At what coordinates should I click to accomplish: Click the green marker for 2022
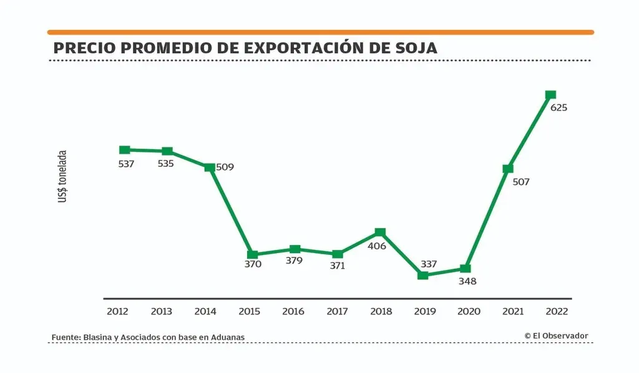coord(550,95)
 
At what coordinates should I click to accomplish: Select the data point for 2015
coord(252,255)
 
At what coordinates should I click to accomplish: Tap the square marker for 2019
coord(422,275)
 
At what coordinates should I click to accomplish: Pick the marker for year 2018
coord(380,232)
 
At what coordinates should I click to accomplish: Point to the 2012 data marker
coord(125,150)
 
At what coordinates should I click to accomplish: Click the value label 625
coord(559,107)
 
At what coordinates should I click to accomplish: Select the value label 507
coord(520,182)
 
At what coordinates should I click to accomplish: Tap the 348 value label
coord(467,281)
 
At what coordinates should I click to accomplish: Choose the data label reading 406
coord(377,246)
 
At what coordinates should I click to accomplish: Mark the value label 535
coord(165,164)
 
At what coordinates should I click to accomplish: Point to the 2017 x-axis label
coord(337,311)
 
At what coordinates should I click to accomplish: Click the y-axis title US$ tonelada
coord(63,177)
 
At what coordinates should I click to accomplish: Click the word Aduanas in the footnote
coord(228,337)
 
